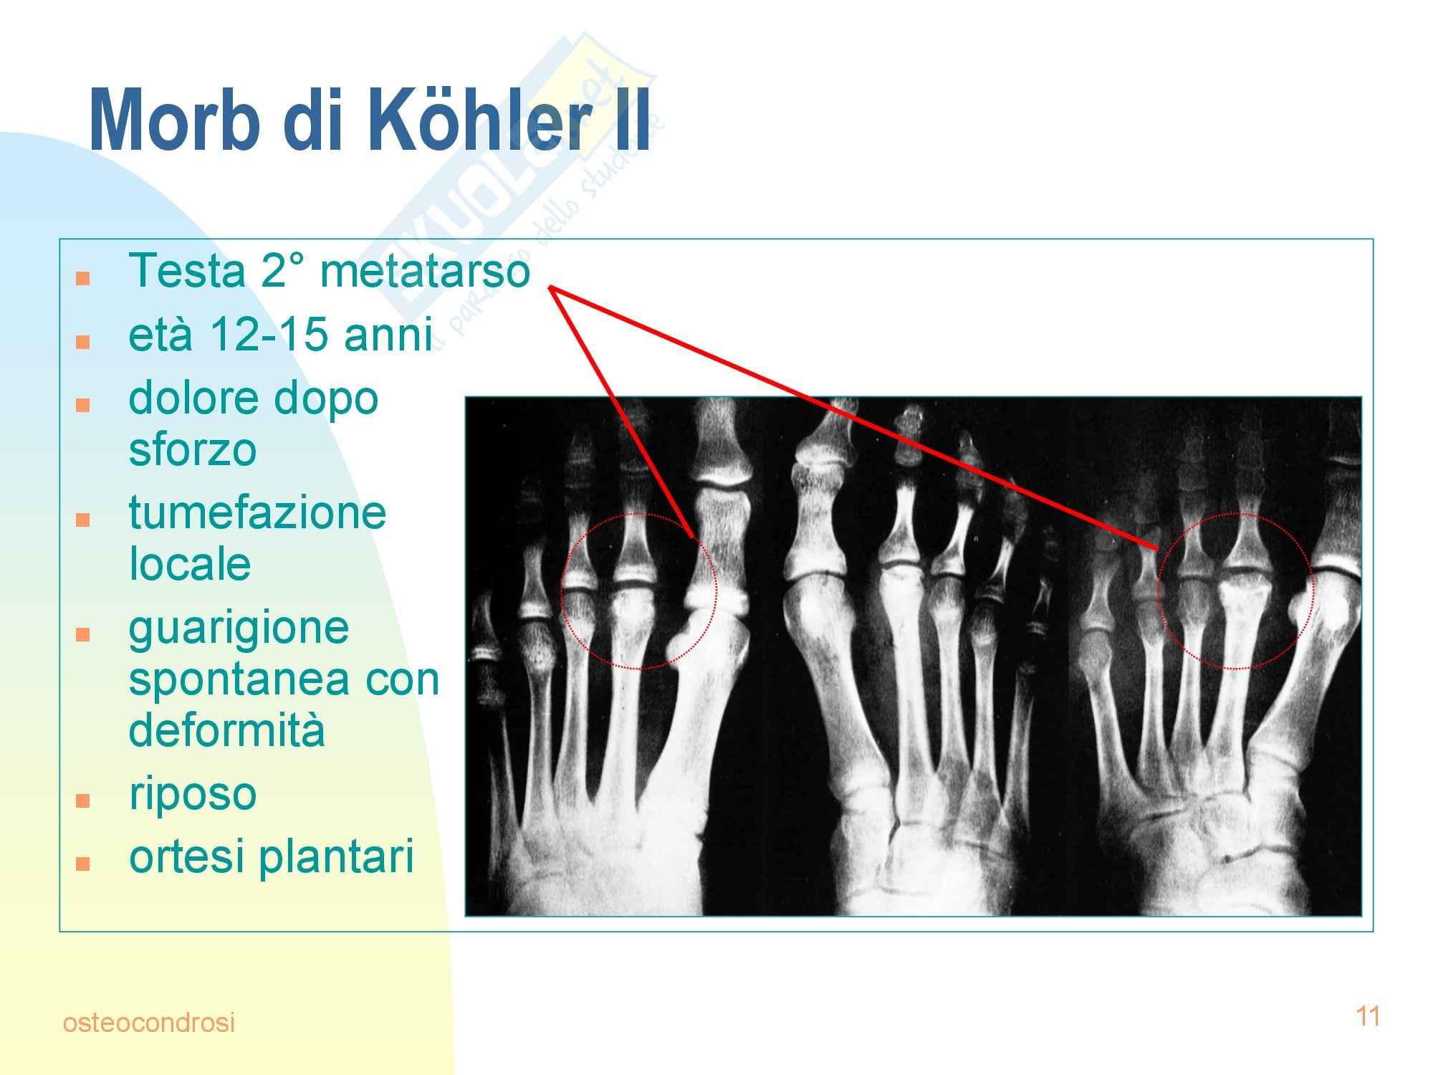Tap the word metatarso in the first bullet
(x=425, y=272)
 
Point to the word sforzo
(x=193, y=450)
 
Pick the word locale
(x=190, y=564)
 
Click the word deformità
(x=226, y=730)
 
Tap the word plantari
(x=337, y=858)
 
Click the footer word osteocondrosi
(x=149, y=1023)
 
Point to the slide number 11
(x=1368, y=1016)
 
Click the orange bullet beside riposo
(x=83, y=800)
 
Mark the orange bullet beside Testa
(x=83, y=278)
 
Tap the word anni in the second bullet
(x=388, y=335)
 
